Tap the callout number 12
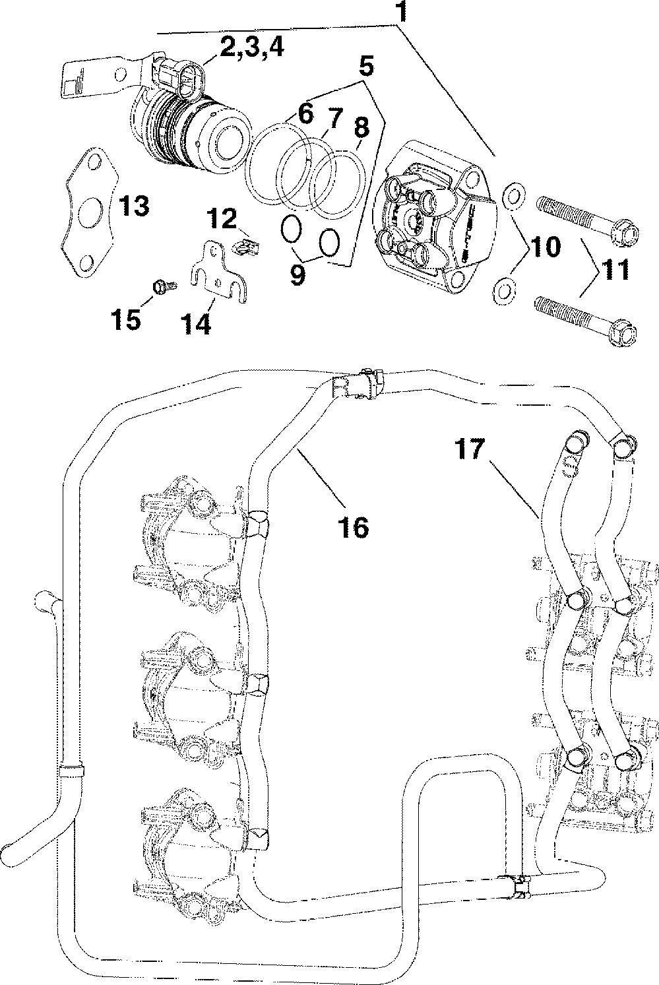(223, 218)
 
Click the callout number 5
(367, 65)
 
